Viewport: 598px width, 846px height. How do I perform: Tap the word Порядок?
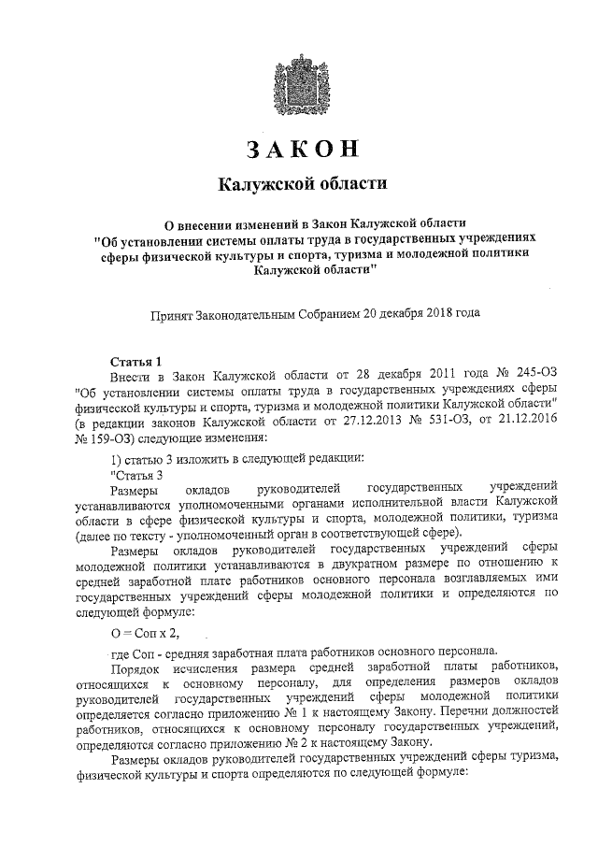coord(138,667)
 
